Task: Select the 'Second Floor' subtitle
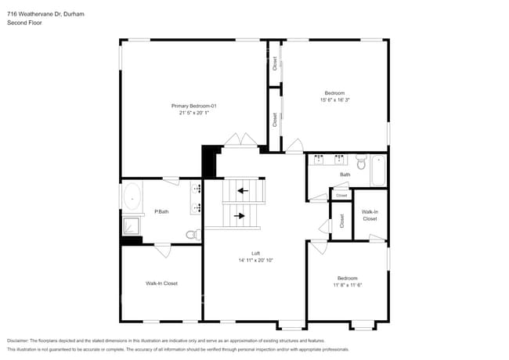[24, 23]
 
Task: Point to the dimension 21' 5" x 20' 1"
[193, 113]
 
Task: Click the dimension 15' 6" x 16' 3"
[334, 99]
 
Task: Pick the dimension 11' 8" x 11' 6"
[347, 285]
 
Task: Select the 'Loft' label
[255, 253]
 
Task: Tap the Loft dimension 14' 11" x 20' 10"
[255, 260]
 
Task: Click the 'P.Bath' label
[162, 211]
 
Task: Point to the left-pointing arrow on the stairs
[243, 190]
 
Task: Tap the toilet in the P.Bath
[192, 234]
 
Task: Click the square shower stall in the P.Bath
[131, 226]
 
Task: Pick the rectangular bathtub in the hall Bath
[378, 171]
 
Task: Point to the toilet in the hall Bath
[361, 163]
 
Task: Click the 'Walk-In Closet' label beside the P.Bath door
[161, 283]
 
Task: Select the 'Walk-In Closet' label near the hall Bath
[370, 214]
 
